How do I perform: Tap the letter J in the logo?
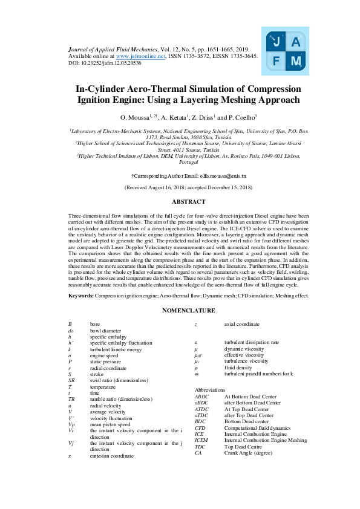[277, 42]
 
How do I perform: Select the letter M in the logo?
[295, 61]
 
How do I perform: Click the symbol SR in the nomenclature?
[71, 380]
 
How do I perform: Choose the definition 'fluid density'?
[237, 368]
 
